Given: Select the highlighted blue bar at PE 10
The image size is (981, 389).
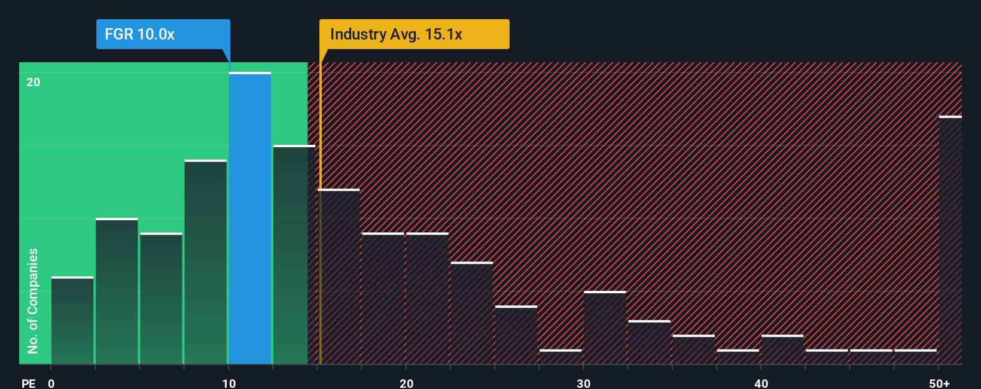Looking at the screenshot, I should [x=250, y=218].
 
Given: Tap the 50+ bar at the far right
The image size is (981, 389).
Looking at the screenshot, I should [x=950, y=239].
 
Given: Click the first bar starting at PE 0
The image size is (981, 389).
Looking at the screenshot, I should [x=72, y=320].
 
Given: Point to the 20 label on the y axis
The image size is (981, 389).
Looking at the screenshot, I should [x=33, y=82].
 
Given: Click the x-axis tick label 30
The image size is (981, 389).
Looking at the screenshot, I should [x=583, y=383].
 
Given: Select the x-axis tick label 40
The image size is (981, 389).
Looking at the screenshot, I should [x=761, y=383].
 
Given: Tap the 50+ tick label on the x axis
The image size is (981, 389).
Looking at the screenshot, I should [x=939, y=383].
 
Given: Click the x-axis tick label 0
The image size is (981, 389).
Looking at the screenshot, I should [x=51, y=383].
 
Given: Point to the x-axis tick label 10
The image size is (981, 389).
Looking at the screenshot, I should [x=229, y=383].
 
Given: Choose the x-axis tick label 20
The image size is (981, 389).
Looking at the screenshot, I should [x=406, y=383].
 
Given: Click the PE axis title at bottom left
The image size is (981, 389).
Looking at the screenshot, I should [x=29, y=383].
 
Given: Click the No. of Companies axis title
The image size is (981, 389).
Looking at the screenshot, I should [x=33, y=300].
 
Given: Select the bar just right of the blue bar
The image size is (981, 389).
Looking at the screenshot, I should [x=294, y=254].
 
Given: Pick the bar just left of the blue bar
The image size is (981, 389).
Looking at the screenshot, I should [x=206, y=262].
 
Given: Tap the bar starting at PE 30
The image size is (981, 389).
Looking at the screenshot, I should [x=605, y=327].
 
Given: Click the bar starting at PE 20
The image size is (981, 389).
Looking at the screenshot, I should [x=427, y=298].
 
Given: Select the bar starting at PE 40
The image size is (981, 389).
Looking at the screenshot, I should [x=782, y=350].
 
